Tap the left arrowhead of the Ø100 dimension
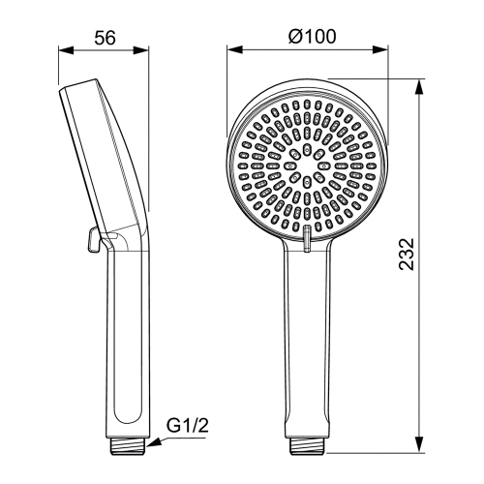pyautogui.click(x=232, y=52)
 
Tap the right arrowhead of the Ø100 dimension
pyautogui.click(x=380, y=52)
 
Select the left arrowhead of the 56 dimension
pyautogui.click(x=62, y=52)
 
